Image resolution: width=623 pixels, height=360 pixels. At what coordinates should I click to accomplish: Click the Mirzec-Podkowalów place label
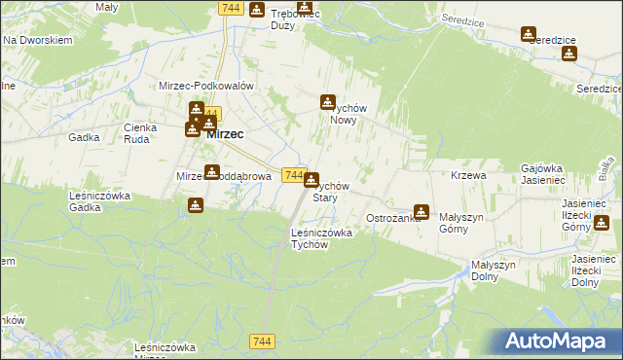(206, 86)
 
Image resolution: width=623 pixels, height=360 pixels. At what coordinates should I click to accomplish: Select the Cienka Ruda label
(141, 132)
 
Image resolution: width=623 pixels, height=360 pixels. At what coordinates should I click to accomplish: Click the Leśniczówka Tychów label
(321, 238)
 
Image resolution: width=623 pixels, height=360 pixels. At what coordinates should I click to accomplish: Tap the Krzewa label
(468, 175)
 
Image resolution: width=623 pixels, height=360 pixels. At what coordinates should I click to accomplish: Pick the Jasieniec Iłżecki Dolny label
(589, 270)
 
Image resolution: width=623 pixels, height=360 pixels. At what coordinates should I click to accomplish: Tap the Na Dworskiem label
(39, 41)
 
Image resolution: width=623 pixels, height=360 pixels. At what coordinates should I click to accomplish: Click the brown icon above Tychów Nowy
(329, 101)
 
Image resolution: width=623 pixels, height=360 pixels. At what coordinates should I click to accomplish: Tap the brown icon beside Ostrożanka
(421, 211)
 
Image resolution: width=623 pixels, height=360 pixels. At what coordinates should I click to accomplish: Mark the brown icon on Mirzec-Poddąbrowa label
(212, 172)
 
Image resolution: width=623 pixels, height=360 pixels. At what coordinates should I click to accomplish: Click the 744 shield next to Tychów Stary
(295, 174)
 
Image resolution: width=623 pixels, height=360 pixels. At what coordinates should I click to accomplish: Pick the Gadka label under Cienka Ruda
(84, 137)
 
